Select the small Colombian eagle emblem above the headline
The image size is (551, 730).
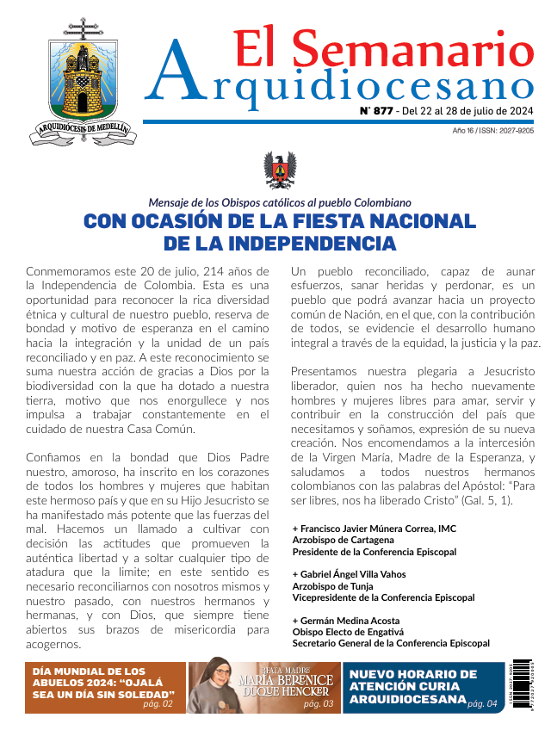click(x=278, y=170)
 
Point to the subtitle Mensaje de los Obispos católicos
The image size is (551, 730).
click(x=279, y=202)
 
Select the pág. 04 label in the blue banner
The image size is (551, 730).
click(x=482, y=704)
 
